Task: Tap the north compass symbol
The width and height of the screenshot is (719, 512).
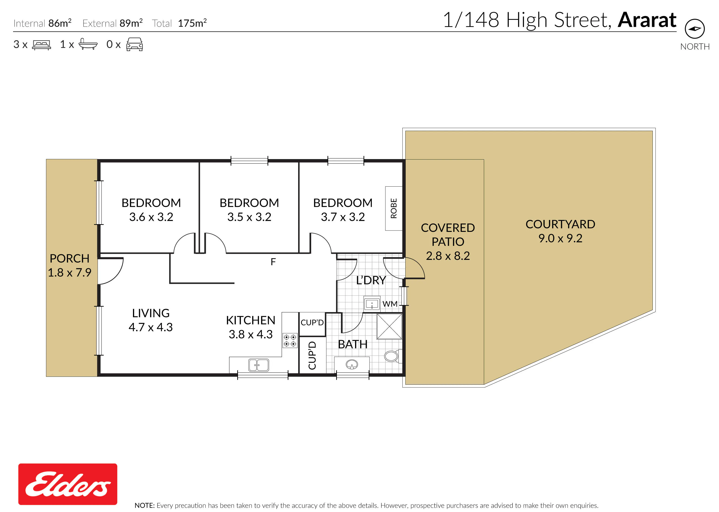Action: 695,29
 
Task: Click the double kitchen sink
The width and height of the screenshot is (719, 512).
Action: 258,365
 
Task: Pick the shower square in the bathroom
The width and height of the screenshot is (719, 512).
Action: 389,326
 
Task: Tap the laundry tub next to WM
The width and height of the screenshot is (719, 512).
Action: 372,304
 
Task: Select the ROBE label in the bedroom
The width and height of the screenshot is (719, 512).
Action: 394,208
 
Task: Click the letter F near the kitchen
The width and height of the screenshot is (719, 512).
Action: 273,262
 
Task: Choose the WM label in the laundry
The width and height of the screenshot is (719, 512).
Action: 390,304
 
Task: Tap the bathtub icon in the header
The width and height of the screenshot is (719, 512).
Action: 88,44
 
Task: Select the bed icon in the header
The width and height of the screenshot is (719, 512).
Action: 42,45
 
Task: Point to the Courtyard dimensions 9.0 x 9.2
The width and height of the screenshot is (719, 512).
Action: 560,238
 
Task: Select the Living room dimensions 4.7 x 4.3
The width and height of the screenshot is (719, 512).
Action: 151,327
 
